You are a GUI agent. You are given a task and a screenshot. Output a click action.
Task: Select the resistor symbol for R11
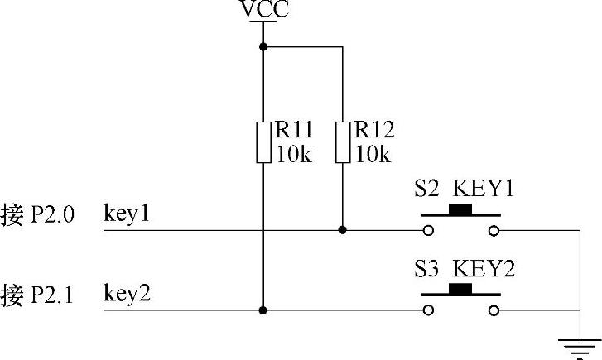tap(263, 142)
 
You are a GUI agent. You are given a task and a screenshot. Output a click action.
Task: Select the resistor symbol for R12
tap(342, 142)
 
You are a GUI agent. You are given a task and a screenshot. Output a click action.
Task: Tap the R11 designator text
tap(294, 130)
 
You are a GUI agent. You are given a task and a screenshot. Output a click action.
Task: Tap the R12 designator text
tap(373, 130)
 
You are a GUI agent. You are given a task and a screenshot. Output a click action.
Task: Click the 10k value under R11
tap(293, 154)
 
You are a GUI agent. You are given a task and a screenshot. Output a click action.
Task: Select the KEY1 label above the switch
tap(484, 189)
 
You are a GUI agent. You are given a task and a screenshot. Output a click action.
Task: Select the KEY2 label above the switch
tap(484, 269)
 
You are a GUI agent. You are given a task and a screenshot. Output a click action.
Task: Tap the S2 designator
tap(427, 189)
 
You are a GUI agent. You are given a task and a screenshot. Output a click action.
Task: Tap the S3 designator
tap(427, 269)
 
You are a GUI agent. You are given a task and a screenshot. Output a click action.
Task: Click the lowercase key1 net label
tap(127, 214)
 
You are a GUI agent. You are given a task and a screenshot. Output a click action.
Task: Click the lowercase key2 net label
tap(127, 293)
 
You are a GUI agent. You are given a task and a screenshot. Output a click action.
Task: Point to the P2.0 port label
tap(53, 214)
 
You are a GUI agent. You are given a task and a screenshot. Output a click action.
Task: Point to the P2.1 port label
tap(53, 294)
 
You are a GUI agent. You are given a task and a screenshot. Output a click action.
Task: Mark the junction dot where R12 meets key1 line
tap(342, 230)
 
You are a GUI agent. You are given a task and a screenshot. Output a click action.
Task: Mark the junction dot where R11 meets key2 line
tap(263, 310)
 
